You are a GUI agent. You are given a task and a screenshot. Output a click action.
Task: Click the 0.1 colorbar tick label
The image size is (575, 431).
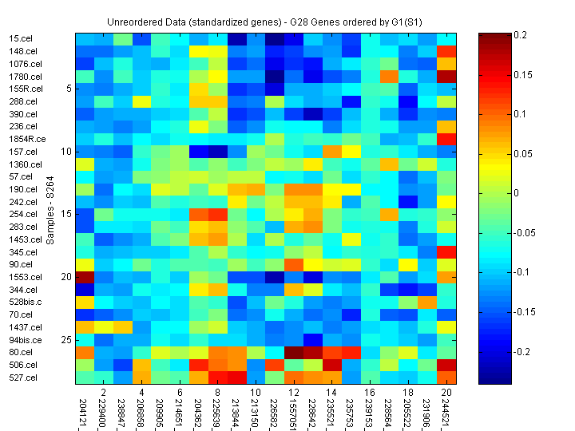pyautogui.click(x=521, y=114)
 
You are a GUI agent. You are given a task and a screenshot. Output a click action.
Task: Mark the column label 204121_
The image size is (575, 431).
pyautogui.click(x=84, y=409)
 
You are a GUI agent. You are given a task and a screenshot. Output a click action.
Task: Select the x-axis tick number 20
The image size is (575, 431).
pyautogui.click(x=445, y=393)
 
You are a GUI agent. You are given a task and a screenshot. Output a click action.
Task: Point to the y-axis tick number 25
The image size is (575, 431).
pyautogui.click(x=67, y=340)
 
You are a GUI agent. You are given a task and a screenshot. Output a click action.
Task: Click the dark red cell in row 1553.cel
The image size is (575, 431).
pyautogui.click(x=85, y=277)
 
